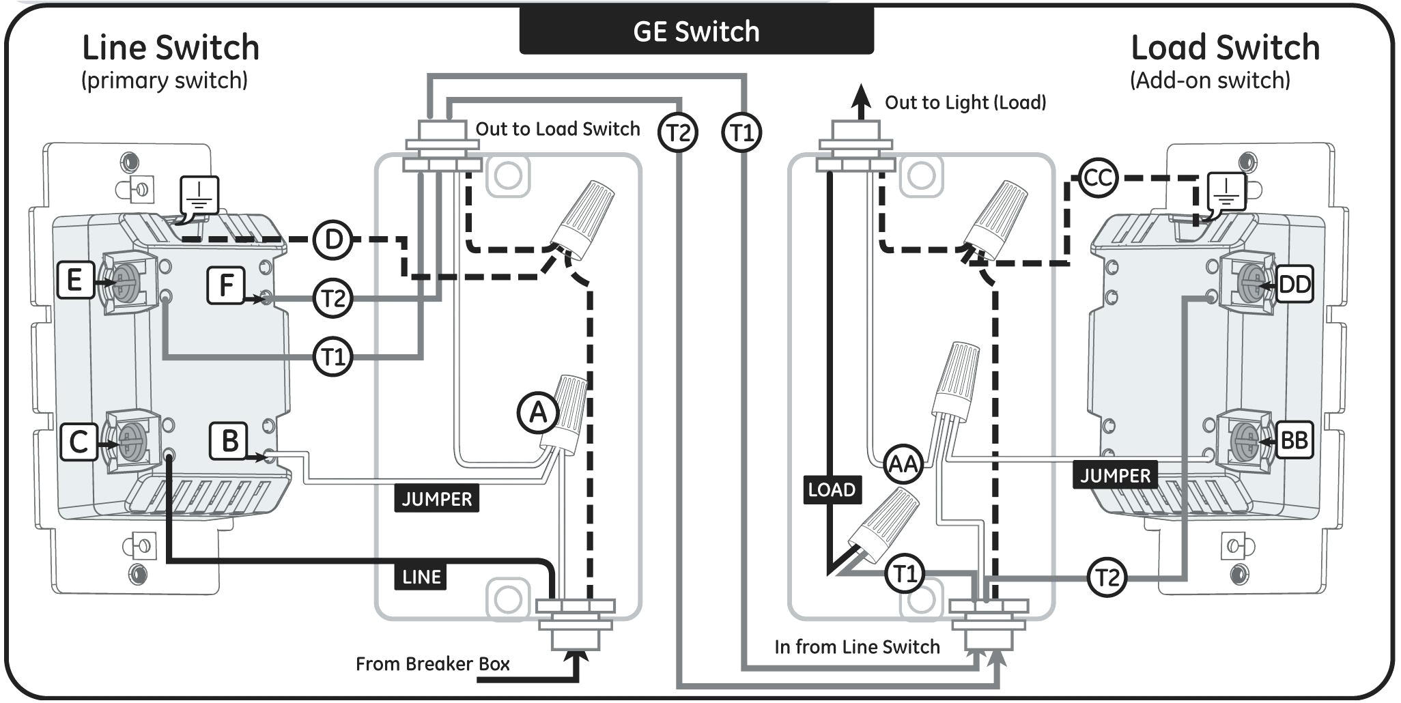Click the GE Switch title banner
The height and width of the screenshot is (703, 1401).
tap(696, 31)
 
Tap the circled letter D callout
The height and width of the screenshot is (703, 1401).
tap(332, 240)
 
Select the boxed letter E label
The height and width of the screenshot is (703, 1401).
tap(74, 280)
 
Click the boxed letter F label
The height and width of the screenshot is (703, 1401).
tap(226, 285)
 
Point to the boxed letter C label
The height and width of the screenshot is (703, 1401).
tap(78, 441)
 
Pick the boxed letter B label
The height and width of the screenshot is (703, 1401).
tap(229, 441)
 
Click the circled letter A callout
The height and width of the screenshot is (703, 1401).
tap(538, 413)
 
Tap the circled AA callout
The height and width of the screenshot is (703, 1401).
tap(903, 464)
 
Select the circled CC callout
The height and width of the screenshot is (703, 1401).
tap(1098, 178)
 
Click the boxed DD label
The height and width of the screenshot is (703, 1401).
tap(1294, 284)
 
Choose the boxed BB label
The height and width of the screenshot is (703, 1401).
tap(1294, 440)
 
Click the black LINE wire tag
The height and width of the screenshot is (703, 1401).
tap(421, 577)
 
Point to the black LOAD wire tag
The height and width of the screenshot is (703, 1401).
tap(831, 489)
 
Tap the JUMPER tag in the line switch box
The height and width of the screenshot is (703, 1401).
tap(436, 499)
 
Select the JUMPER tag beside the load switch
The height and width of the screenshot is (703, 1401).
tap(1115, 475)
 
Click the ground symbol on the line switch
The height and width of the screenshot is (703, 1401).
tap(199, 195)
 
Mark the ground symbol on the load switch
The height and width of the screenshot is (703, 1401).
tap(1226, 192)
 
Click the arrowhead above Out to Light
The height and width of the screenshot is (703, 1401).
tap(862, 96)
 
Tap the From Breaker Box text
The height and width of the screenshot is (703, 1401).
tap(432, 664)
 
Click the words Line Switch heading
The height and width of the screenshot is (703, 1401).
tap(171, 48)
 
